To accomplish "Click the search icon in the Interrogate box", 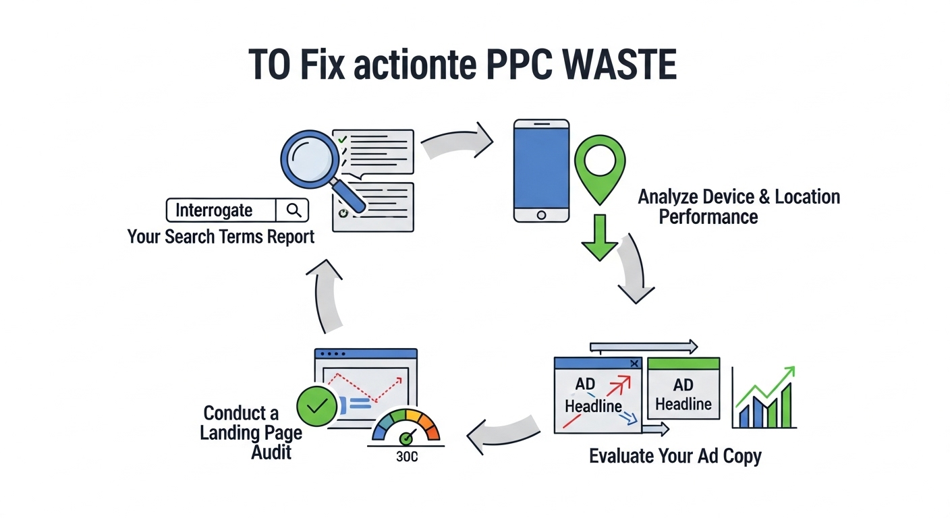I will coord(294,210).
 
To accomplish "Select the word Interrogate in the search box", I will coord(214,210).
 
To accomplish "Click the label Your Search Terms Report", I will coord(221,237).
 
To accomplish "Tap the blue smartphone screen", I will coord(541,168).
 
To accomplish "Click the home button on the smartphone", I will coord(541,214).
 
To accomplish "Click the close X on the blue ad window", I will coord(634,364).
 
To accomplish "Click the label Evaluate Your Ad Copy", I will coord(675,456).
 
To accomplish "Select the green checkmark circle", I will coord(317,405).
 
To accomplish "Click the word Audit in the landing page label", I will coord(271,451).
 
